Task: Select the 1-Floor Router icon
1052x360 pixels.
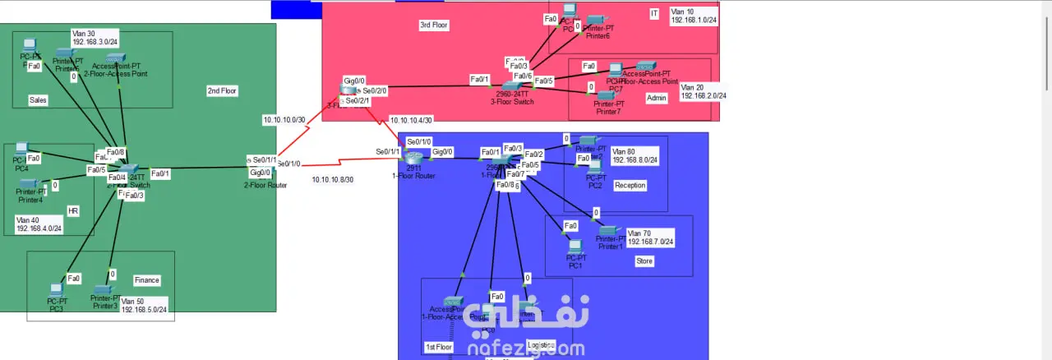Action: (x=413, y=156)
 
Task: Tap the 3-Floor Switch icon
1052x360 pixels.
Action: (x=512, y=85)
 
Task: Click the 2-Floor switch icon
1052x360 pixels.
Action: (x=127, y=168)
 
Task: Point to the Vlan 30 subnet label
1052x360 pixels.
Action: (x=95, y=37)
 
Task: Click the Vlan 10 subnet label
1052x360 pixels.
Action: (x=694, y=16)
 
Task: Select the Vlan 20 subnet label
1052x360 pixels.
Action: (x=703, y=91)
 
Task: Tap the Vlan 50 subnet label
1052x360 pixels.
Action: (x=145, y=305)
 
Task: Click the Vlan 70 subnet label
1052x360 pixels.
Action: (x=650, y=238)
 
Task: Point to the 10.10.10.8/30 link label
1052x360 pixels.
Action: (x=333, y=179)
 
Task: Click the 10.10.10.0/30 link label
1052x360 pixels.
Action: (x=284, y=120)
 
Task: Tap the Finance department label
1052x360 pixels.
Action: (x=146, y=280)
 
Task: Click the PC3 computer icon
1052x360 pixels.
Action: (x=56, y=290)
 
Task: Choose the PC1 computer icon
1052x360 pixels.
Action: (x=575, y=246)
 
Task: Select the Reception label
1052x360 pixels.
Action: (x=630, y=186)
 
